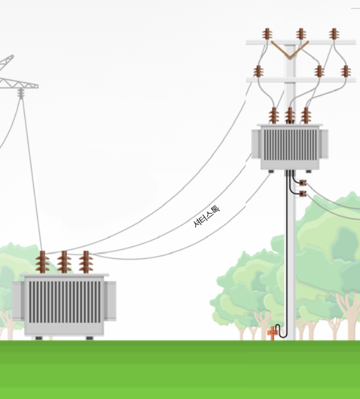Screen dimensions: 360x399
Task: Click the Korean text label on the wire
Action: tap(206, 217)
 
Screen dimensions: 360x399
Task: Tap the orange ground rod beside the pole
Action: tap(272, 333)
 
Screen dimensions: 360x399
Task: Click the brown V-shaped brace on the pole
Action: tap(290, 50)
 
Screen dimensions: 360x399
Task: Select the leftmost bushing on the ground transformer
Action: tap(43, 262)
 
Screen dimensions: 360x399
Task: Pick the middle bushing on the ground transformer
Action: tap(64, 262)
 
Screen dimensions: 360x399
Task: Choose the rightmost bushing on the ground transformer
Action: tap(86, 262)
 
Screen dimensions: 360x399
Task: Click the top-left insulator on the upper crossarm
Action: tap(267, 34)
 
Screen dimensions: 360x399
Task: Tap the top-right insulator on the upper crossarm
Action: tap(334, 34)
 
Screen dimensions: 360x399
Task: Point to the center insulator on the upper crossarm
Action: tap(301, 34)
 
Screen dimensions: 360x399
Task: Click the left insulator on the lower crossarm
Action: tap(258, 71)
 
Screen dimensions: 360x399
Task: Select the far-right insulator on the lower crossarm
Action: tap(346, 71)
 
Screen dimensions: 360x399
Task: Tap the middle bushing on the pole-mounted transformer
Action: tap(290, 116)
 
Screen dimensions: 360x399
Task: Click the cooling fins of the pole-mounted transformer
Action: tap(290, 145)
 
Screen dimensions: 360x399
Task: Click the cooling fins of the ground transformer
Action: tap(64, 302)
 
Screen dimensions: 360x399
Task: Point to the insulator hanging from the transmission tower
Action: tap(21, 94)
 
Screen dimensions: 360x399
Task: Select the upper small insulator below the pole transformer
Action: tap(303, 182)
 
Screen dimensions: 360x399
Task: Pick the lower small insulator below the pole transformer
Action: tap(303, 193)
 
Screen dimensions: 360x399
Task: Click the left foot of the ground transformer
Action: tap(39, 338)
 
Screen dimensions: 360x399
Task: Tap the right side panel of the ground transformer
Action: tap(110, 301)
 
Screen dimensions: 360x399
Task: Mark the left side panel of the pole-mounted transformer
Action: tap(256, 144)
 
